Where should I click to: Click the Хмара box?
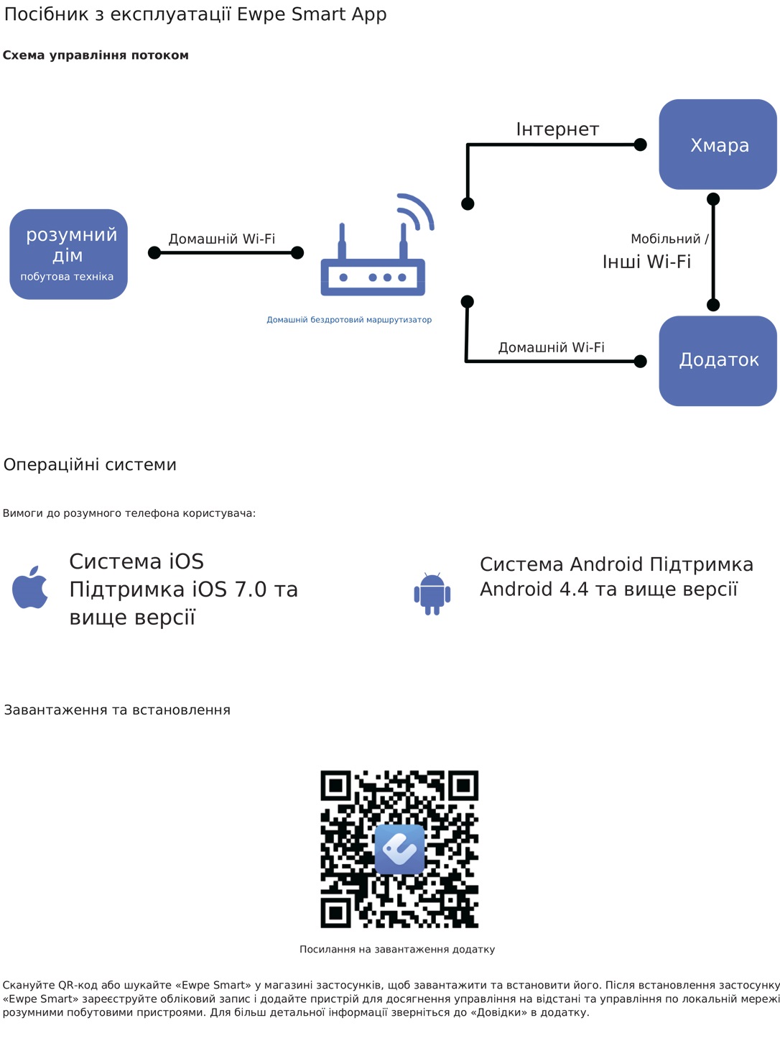(718, 144)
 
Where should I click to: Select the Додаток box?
(718, 360)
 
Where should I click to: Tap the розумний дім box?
(68, 254)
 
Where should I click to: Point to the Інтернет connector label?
(557, 129)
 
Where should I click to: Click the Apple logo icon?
(30, 587)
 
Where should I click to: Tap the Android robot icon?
(432, 594)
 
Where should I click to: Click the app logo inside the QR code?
(399, 849)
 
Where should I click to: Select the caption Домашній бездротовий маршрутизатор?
(349, 320)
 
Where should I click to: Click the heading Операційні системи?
(90, 465)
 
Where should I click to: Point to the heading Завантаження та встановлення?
(117, 710)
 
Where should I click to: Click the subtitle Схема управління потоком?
(96, 55)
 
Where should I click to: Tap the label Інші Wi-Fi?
(646, 262)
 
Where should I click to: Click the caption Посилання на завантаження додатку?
(397, 950)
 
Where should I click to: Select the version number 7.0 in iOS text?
(251, 589)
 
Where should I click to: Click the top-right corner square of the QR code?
(463, 786)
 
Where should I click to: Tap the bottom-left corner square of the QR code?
(335, 913)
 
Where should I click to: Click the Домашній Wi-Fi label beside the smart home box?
(222, 239)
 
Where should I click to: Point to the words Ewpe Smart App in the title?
(312, 14)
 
